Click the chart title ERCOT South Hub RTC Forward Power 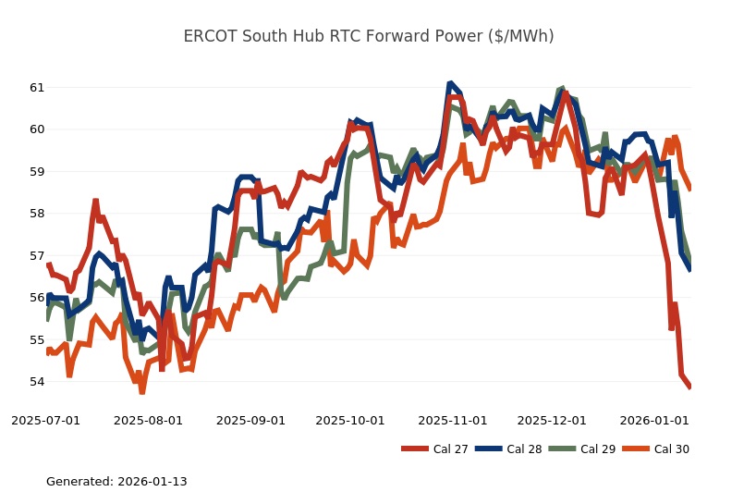pyautogui.click(x=369, y=36)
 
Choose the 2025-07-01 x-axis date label pyautogui.click(x=46, y=420)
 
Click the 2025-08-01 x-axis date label pyautogui.click(x=149, y=420)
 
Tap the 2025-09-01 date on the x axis pyautogui.click(x=251, y=420)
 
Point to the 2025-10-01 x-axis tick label pyautogui.click(x=350, y=420)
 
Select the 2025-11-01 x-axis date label pyautogui.click(x=453, y=420)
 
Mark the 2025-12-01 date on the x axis pyautogui.click(x=552, y=420)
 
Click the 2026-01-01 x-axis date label pyautogui.click(x=654, y=420)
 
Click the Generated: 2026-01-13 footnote pyautogui.click(x=116, y=482)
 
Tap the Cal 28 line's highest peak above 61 pyautogui.click(x=450, y=83)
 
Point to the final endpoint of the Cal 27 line pyautogui.click(x=689, y=387)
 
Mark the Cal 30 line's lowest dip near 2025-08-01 pyautogui.click(x=142, y=392)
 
